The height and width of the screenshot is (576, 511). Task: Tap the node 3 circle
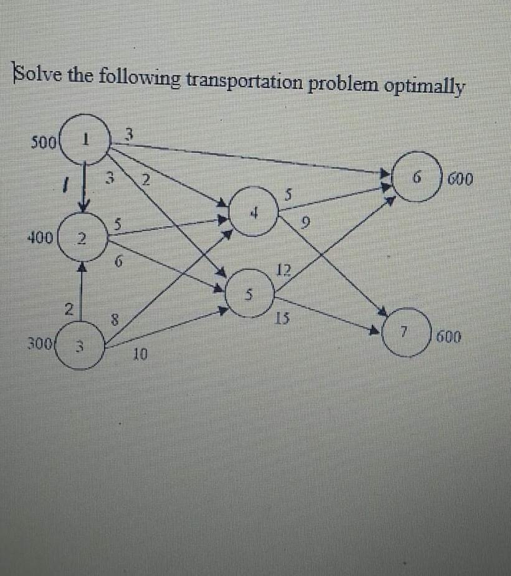click(x=82, y=346)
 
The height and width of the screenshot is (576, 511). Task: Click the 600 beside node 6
click(x=461, y=181)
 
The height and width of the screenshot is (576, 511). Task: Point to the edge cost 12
click(x=284, y=270)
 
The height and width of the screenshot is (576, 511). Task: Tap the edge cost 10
click(x=140, y=356)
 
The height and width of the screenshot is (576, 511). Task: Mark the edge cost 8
click(x=114, y=321)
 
